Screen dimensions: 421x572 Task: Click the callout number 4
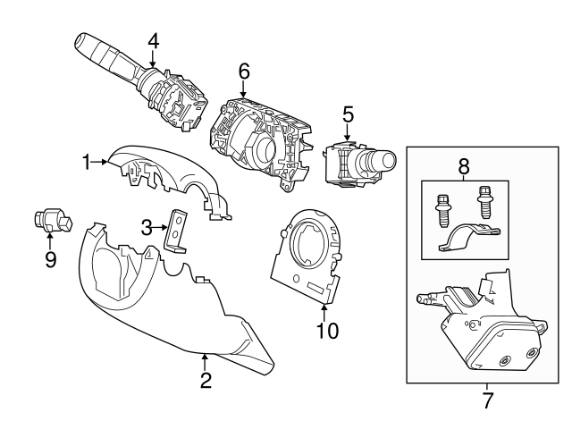pyautogui.click(x=153, y=40)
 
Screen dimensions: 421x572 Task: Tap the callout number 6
pyautogui.click(x=244, y=70)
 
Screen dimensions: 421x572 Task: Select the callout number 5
pyautogui.click(x=348, y=114)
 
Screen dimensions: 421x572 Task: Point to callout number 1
pyautogui.click(x=88, y=162)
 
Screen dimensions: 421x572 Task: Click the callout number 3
pyautogui.click(x=147, y=228)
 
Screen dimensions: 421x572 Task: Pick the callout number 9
pyautogui.click(x=50, y=259)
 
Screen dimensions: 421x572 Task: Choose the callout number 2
pyautogui.click(x=206, y=381)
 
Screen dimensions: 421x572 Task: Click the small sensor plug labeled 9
pyautogui.click(x=53, y=220)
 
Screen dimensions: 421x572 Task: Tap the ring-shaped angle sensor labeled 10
pyautogui.click(x=308, y=255)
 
